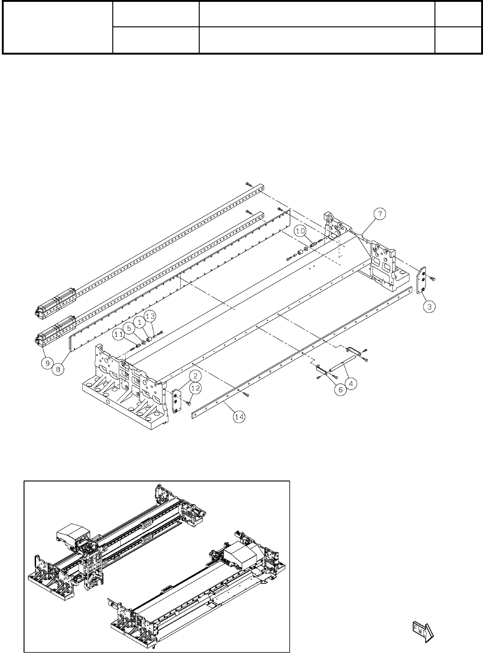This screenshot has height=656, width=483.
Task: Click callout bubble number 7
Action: [x=379, y=214]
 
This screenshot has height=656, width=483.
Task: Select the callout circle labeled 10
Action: [x=300, y=230]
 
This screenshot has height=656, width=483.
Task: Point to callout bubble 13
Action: [x=150, y=316]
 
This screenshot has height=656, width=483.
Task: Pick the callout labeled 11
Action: [x=119, y=333]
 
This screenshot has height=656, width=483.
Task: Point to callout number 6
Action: [x=340, y=390]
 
